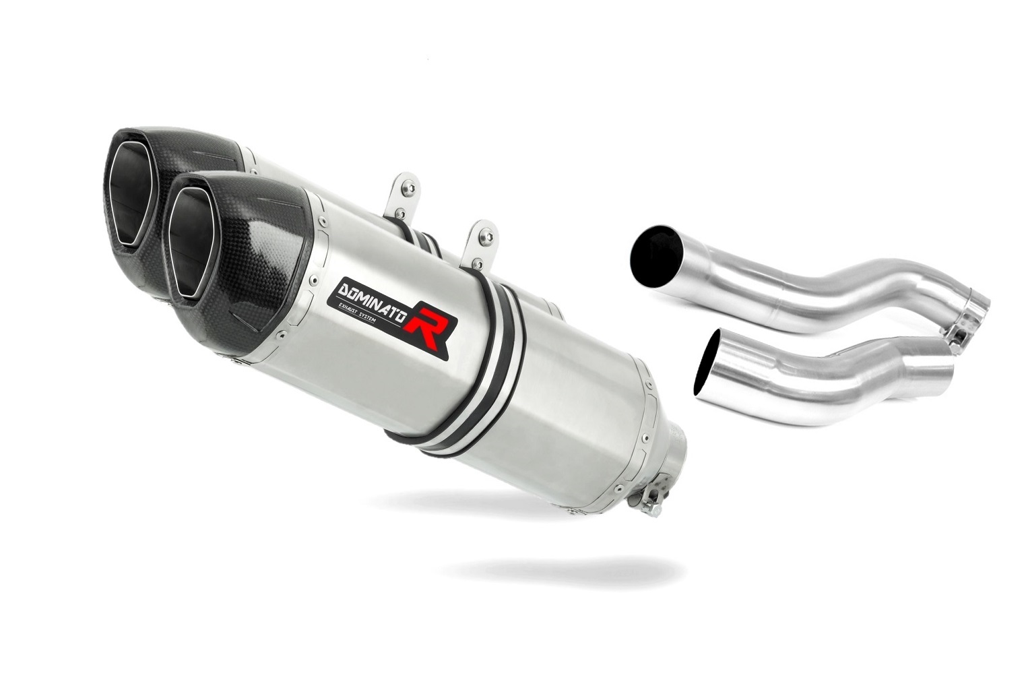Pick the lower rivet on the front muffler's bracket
478,264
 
